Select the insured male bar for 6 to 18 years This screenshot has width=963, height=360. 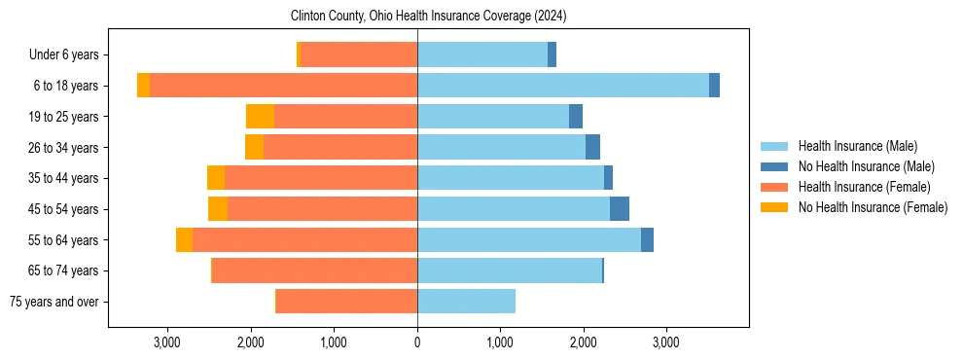(x=562, y=86)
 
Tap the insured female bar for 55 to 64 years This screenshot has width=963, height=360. (x=304, y=239)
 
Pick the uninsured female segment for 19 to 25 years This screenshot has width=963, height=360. (x=260, y=117)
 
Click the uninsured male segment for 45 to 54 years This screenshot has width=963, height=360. (x=620, y=208)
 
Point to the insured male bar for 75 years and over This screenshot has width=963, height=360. (x=466, y=301)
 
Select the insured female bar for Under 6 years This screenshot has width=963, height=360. (x=359, y=54)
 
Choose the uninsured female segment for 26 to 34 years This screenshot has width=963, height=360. (x=254, y=147)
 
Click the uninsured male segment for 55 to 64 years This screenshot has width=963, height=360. (x=647, y=239)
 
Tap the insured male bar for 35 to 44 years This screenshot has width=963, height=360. (x=511, y=178)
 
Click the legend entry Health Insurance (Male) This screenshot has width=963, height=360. (x=857, y=146)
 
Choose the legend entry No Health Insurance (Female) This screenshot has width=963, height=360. (x=873, y=207)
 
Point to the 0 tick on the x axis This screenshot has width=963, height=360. (x=417, y=342)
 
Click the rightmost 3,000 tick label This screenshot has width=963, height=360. (x=666, y=342)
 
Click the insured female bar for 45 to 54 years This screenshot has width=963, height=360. (x=322, y=208)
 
